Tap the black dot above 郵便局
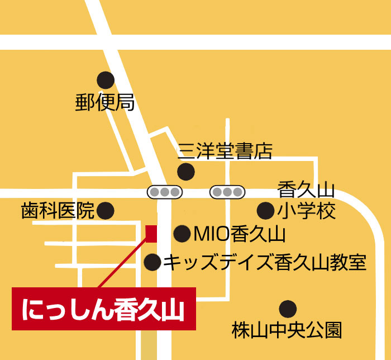105,79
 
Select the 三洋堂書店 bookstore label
225,150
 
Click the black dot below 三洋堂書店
185,170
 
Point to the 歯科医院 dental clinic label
58,210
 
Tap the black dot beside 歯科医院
105,211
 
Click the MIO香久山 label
239,234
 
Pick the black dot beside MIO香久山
182,234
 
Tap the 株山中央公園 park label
287,330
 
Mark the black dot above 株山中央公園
287,308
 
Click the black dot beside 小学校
265,211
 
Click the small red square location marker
151,234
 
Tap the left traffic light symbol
165,192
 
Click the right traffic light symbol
227,192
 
